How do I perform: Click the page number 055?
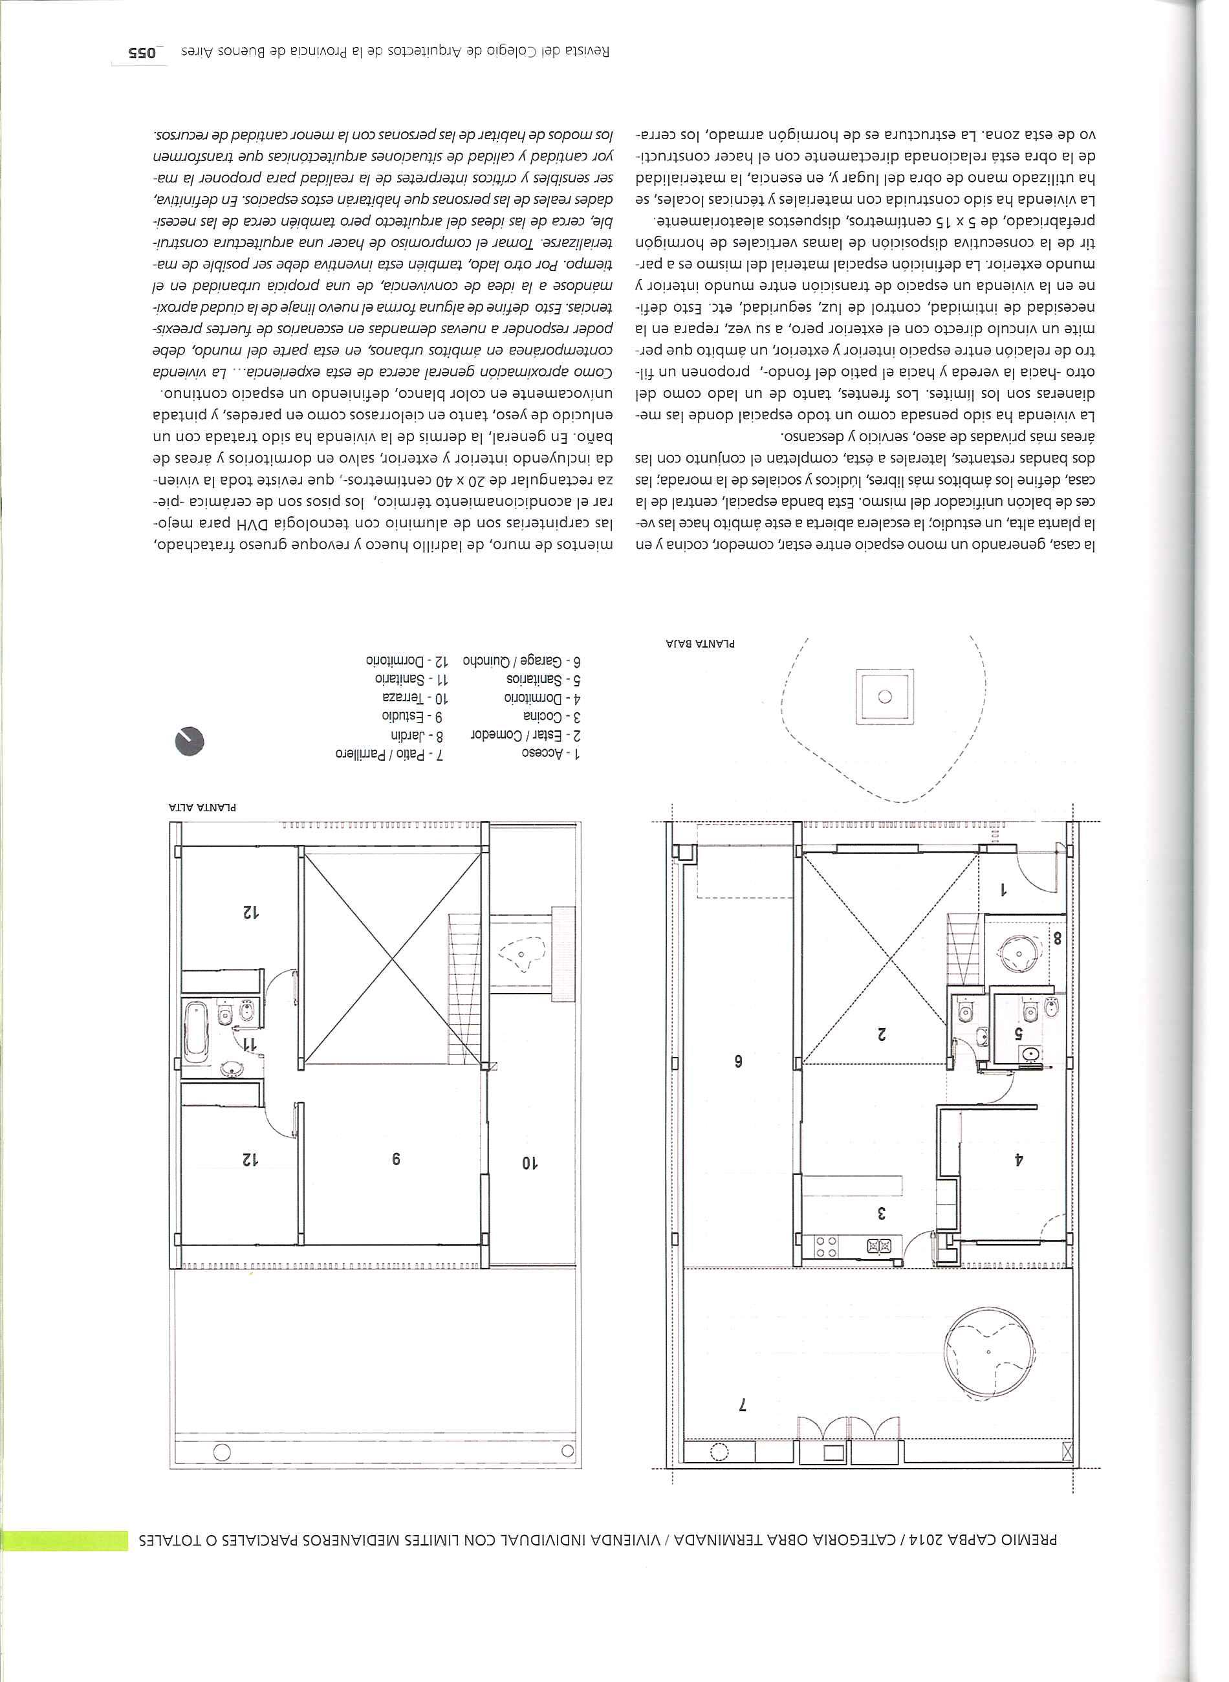click(140, 53)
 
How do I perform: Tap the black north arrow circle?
click(189, 741)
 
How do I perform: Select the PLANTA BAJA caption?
click(700, 643)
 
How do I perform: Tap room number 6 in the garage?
click(739, 1062)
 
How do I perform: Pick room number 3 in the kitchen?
click(882, 1212)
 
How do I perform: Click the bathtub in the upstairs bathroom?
click(197, 1032)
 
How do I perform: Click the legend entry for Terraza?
click(415, 698)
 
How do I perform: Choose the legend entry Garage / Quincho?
click(521, 661)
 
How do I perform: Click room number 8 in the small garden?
click(1057, 939)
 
